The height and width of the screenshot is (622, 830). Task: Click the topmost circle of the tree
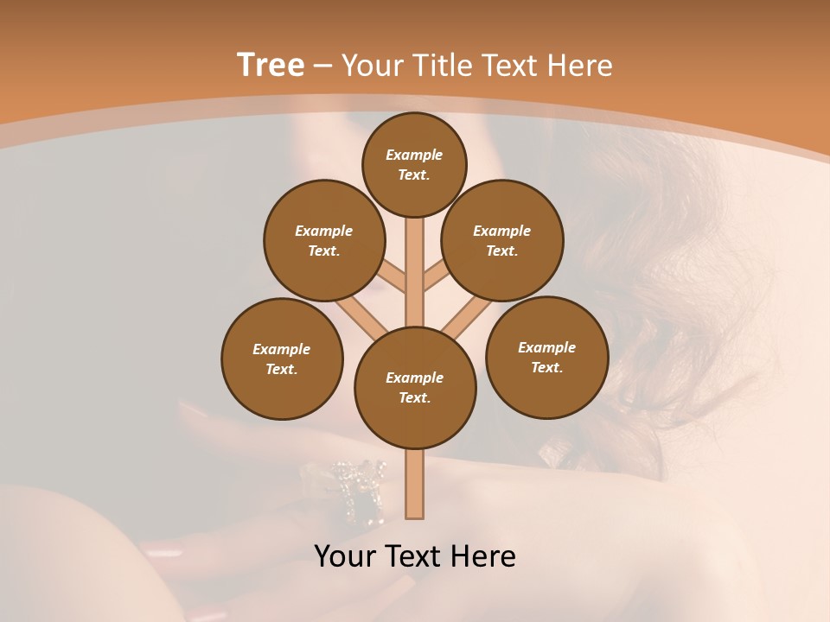414,164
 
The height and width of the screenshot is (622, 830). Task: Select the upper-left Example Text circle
324,240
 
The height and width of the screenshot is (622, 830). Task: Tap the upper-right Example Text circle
502,240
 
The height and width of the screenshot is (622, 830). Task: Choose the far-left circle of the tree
282,359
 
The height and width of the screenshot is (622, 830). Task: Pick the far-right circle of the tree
547,357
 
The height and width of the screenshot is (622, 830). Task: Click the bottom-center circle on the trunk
415,387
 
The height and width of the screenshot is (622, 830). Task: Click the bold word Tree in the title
271,65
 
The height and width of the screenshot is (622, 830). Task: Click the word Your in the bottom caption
346,556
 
